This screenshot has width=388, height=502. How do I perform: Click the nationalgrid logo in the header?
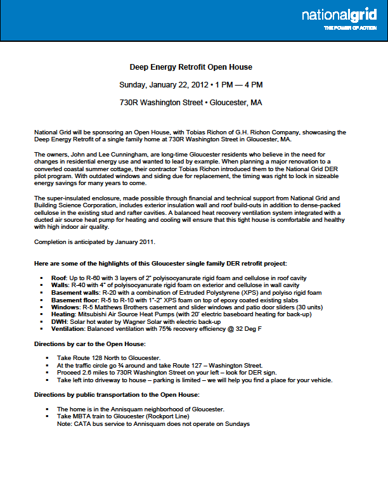click(342, 15)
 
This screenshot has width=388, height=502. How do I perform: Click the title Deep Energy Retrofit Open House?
click(191, 67)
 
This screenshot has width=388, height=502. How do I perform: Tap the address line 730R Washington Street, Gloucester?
click(191, 102)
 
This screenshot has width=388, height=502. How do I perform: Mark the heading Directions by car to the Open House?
click(89, 344)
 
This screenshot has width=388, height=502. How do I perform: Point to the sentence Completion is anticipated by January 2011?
click(94, 241)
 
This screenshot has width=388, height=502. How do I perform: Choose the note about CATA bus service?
click(153, 424)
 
